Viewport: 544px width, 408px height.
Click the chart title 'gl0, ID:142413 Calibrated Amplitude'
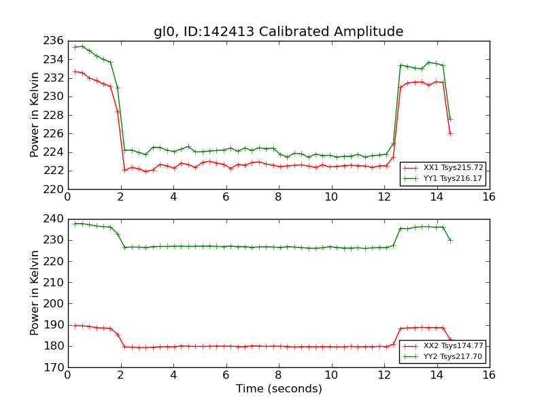click(x=278, y=32)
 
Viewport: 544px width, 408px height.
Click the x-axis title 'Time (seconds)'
click(x=279, y=389)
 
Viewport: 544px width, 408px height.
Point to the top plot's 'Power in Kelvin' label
click(x=35, y=115)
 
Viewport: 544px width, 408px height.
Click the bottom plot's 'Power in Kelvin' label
click(x=35, y=292)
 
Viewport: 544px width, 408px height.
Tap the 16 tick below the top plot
click(x=489, y=197)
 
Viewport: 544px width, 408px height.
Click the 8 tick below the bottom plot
click(x=278, y=375)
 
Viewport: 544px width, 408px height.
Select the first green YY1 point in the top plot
click(x=75, y=47)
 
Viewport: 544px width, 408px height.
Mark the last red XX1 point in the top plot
click(x=450, y=133)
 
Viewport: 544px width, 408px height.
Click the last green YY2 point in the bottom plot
click(x=450, y=240)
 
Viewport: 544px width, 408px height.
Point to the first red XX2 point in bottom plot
click(x=75, y=326)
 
